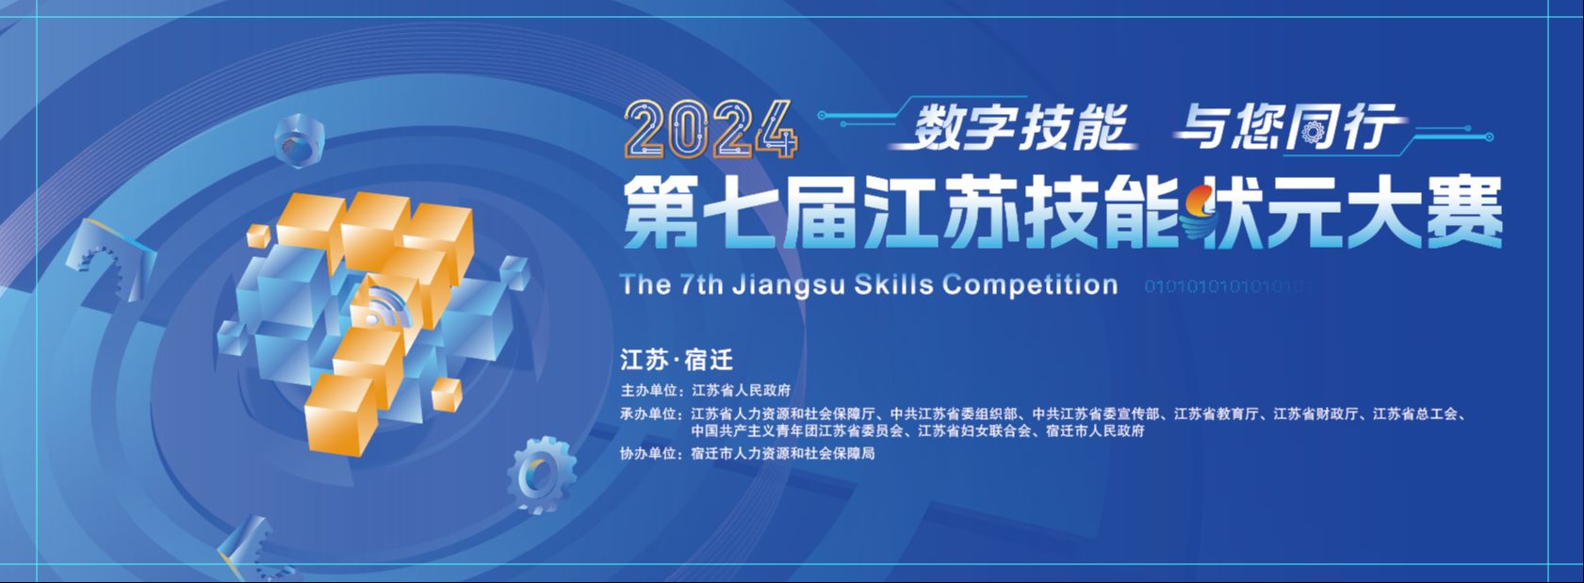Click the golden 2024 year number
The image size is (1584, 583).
[710, 129]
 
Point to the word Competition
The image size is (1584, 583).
[1030, 284]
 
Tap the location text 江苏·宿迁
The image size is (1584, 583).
[677, 360]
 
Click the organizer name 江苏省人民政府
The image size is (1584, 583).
[741, 390]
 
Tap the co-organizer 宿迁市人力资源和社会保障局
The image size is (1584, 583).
[783, 454]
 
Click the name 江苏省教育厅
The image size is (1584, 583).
[1217, 414]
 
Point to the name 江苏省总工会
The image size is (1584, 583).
[1415, 414]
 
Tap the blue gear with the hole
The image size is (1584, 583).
[540, 475]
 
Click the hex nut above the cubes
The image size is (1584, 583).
[299, 140]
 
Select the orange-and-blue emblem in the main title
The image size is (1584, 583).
[1200, 212]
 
